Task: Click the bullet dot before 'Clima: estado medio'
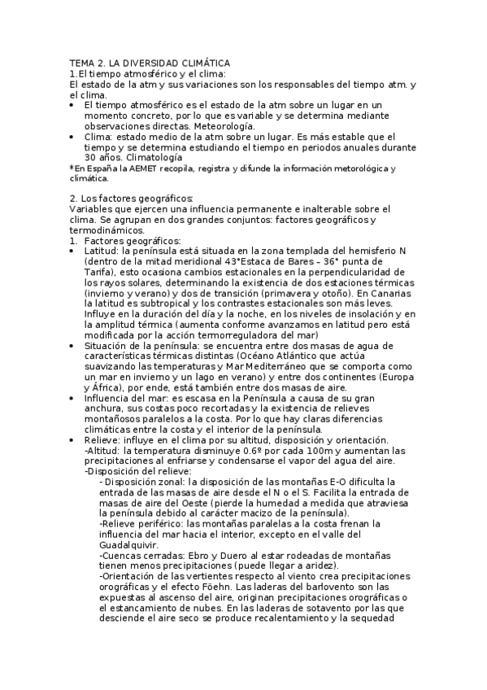point(74,137)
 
